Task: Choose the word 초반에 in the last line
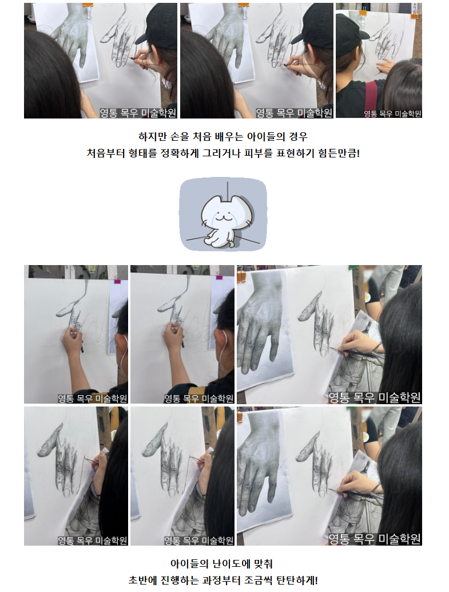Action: point(142,580)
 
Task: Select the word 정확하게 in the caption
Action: point(180,153)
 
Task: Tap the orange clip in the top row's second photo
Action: point(243,7)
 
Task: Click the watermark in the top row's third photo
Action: point(392,113)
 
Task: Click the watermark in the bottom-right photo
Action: point(374,539)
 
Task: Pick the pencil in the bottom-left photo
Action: point(91,461)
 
